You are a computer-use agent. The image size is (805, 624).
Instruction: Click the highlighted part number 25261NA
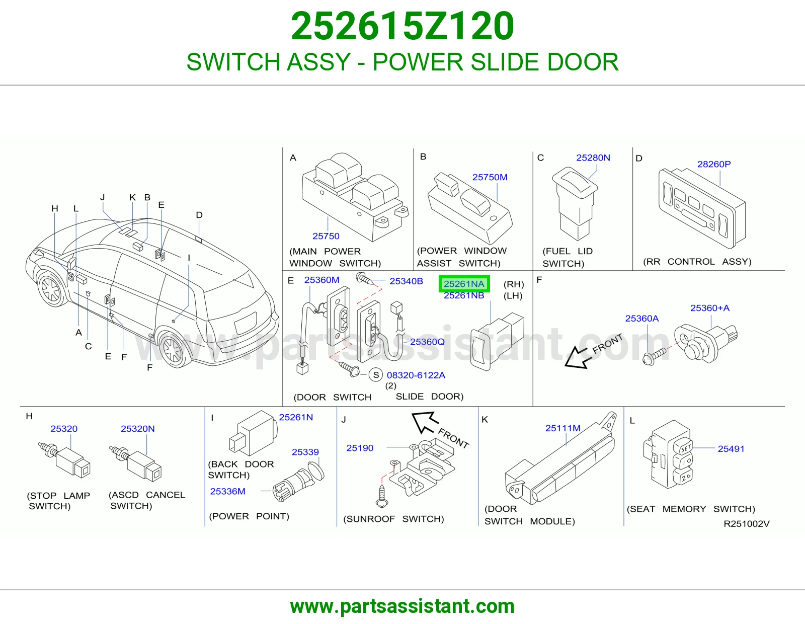[x=464, y=284]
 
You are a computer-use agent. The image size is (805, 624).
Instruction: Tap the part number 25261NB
[x=464, y=296]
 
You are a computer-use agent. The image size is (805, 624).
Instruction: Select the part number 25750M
[x=490, y=177]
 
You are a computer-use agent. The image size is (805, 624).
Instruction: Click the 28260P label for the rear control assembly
[x=714, y=164]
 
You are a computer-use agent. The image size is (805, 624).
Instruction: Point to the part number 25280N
[x=593, y=158]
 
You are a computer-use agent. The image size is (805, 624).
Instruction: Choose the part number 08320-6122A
[x=416, y=375]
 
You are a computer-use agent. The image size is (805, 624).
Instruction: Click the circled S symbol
[x=376, y=375]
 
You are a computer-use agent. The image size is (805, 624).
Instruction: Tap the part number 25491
[x=731, y=449]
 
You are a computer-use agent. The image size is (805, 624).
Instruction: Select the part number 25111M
[x=562, y=428]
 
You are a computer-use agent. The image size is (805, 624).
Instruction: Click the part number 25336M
[x=227, y=491]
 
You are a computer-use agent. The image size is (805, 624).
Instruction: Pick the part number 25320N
[x=137, y=429]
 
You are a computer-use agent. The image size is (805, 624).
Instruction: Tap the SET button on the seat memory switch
[x=685, y=448]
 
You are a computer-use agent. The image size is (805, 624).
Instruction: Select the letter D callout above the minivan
[x=199, y=215]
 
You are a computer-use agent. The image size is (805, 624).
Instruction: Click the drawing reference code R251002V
[x=747, y=524]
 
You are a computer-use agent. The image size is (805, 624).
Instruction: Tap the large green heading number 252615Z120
[x=403, y=26]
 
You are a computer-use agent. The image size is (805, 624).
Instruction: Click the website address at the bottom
[x=403, y=606]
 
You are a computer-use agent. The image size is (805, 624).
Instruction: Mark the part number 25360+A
[x=710, y=308]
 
